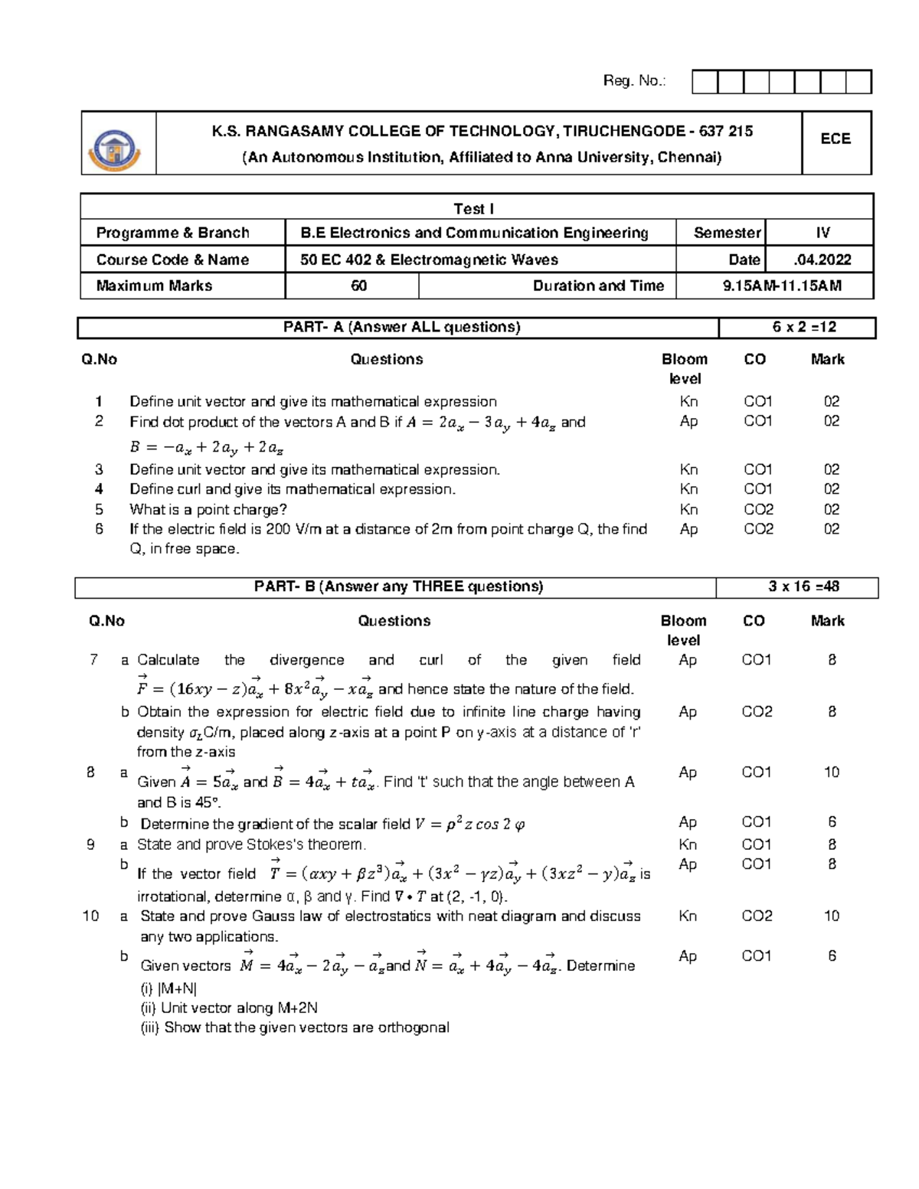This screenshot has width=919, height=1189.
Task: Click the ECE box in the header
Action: (x=836, y=139)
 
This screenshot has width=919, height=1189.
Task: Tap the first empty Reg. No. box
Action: (x=705, y=82)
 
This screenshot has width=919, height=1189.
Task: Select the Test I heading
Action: (x=473, y=208)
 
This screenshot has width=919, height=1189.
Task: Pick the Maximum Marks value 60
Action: (x=358, y=286)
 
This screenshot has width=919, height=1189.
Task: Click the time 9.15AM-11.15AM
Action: (x=782, y=286)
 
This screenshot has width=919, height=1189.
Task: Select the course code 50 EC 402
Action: (x=335, y=260)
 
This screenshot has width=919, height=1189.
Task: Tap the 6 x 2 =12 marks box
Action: (x=804, y=327)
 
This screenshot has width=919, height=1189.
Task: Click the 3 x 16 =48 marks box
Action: (x=804, y=586)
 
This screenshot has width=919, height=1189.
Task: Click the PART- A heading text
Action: (x=401, y=327)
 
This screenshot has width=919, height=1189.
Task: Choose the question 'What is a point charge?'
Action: (x=208, y=509)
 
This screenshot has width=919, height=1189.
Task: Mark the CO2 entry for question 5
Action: (x=758, y=509)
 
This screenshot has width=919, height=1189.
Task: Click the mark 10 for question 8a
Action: (x=831, y=772)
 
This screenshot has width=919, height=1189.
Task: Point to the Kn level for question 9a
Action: (x=688, y=844)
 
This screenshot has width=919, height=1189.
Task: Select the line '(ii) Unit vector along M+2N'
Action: (x=229, y=1008)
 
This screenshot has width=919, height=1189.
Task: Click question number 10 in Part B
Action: (x=90, y=916)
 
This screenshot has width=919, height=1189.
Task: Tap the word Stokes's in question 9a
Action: (x=275, y=844)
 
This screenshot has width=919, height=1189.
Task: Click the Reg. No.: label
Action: (x=634, y=80)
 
